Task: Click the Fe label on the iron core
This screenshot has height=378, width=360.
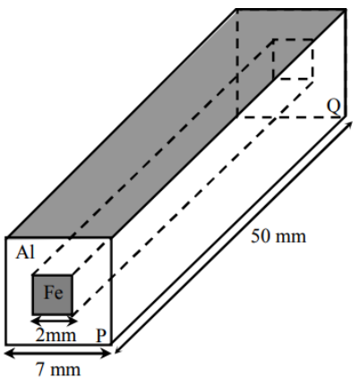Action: [54, 292]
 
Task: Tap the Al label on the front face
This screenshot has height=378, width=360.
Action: [25, 253]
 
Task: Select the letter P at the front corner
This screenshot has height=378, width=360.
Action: [101, 335]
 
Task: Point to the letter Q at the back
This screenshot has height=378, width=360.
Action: [333, 107]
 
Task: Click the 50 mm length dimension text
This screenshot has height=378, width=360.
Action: [279, 236]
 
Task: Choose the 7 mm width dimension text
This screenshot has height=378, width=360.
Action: [58, 369]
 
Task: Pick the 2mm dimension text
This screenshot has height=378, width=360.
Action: [56, 335]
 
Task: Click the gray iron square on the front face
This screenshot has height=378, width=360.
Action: [53, 295]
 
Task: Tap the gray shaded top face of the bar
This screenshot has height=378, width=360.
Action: [176, 123]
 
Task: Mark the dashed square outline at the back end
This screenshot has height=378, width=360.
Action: [293, 59]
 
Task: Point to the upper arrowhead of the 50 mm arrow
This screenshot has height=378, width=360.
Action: [350, 125]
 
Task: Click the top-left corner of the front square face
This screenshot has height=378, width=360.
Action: [6, 237]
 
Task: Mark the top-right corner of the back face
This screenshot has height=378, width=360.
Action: [346, 9]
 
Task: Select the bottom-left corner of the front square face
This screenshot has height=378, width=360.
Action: [6, 345]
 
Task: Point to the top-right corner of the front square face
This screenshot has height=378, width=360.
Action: [112, 237]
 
